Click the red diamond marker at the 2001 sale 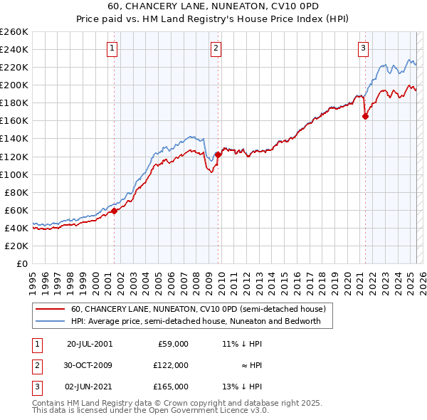(x=114, y=210)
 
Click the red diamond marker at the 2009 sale (x=218, y=154)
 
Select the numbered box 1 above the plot (x=113, y=48)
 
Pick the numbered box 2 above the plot (x=216, y=48)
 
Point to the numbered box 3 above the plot (x=363, y=48)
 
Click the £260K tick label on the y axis (x=14, y=32)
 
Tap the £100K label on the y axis (x=14, y=174)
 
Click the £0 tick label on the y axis (x=22, y=263)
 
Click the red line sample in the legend (x=50, y=310)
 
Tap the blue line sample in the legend (x=50, y=321)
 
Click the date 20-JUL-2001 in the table (x=90, y=343)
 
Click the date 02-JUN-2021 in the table (x=90, y=387)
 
